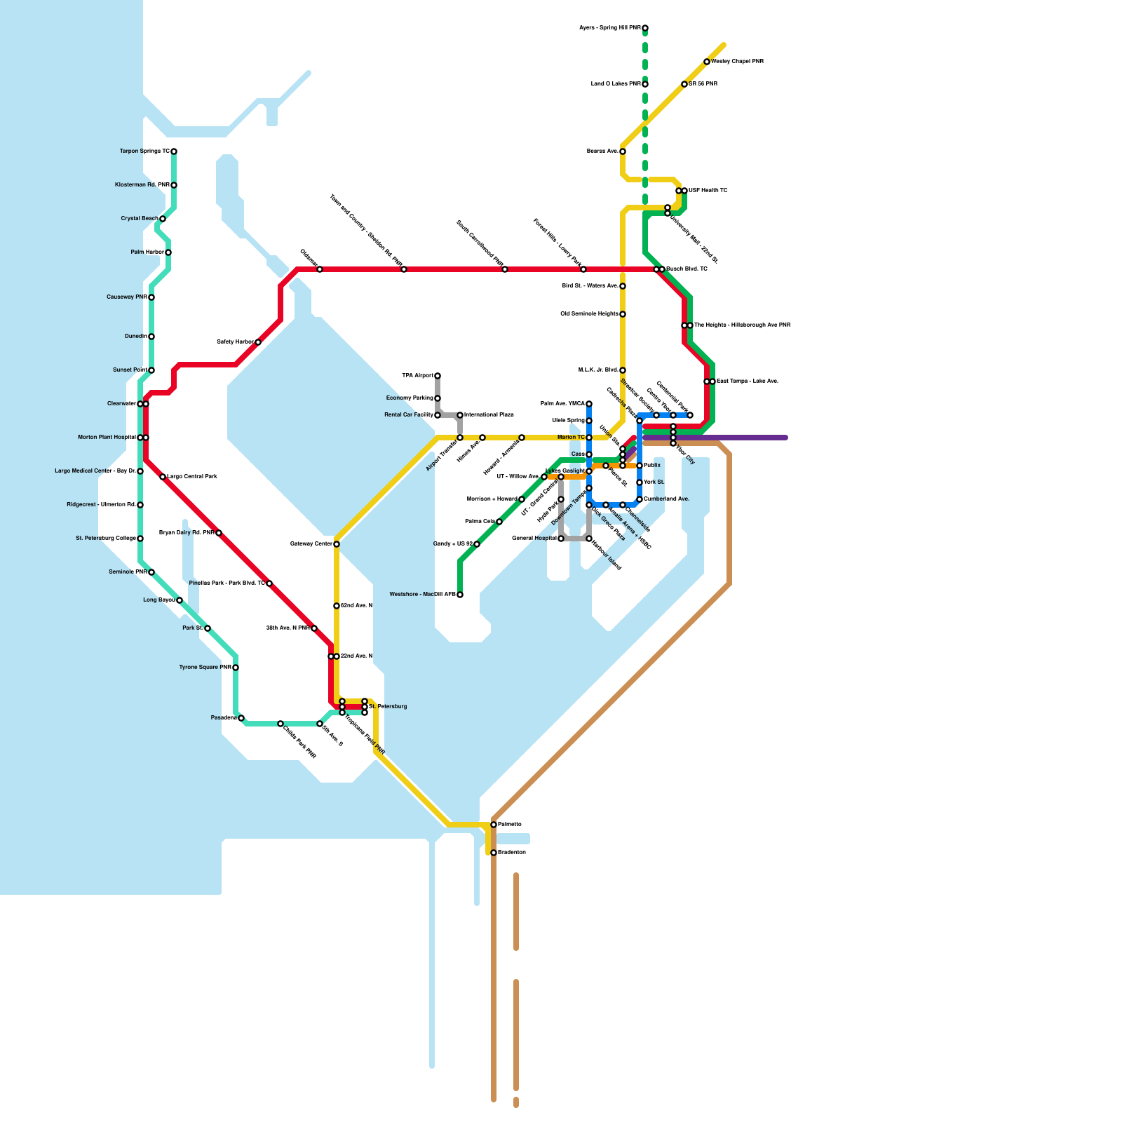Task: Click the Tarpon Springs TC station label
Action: pos(144,151)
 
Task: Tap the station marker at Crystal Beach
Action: pos(163,219)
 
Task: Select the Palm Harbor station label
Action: pos(147,252)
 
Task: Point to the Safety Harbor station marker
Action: pos(258,342)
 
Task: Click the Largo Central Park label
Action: pos(192,477)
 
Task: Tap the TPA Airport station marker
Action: pos(438,376)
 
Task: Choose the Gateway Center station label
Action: pos(311,544)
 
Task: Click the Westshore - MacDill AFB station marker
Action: pos(460,595)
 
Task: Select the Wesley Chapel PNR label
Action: pos(738,62)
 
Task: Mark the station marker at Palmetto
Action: pos(494,825)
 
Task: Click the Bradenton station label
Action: pos(512,853)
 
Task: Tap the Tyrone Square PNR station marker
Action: pos(236,668)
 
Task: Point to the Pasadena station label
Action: pos(224,718)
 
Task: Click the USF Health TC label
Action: pos(708,191)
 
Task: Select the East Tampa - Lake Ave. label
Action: pos(748,381)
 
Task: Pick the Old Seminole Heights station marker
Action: pos(623,314)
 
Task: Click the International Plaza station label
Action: pos(489,415)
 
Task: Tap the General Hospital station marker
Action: pos(561,539)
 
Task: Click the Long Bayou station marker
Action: pos(180,600)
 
